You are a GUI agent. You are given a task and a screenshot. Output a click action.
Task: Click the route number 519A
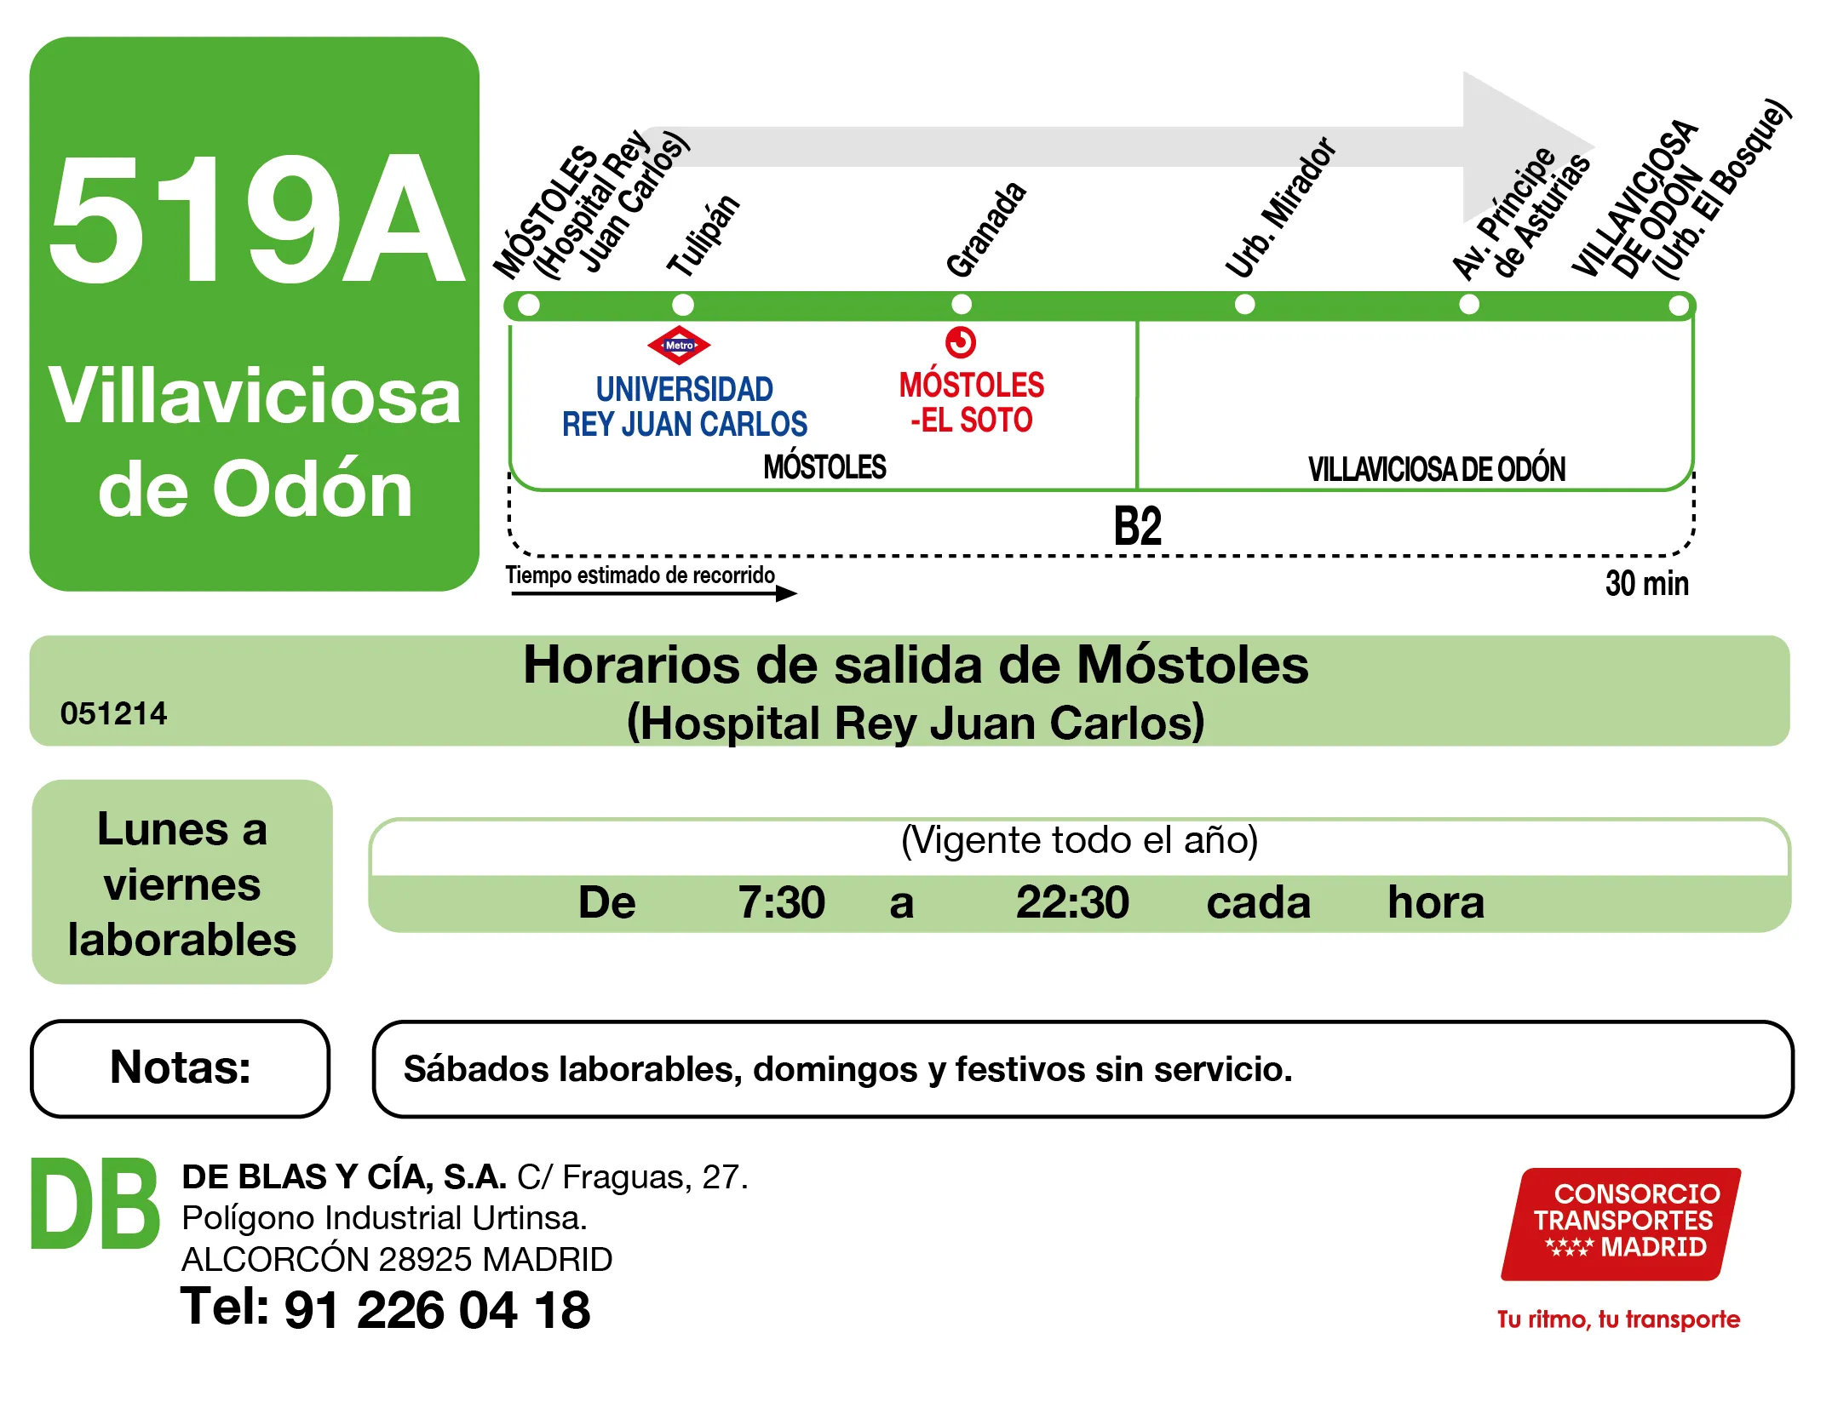(256, 220)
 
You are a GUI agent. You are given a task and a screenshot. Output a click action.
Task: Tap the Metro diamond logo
(679, 345)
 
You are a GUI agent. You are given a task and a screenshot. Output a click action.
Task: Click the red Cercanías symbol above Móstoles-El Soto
(960, 342)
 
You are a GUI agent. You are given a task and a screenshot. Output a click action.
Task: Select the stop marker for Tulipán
(682, 305)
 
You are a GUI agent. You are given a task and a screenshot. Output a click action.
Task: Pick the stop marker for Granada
(961, 304)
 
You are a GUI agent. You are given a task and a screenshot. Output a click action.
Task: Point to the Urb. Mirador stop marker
(1244, 304)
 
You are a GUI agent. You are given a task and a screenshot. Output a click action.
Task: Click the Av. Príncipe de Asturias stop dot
(1468, 304)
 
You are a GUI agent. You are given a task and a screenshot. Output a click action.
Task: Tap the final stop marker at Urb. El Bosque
(1678, 306)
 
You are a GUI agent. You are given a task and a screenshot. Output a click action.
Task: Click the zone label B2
(1137, 526)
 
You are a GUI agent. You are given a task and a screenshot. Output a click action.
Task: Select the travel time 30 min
(1646, 584)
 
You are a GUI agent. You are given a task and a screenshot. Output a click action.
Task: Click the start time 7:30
(781, 902)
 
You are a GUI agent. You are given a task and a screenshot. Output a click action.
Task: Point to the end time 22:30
(1071, 902)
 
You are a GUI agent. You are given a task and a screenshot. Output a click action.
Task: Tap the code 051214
(113, 713)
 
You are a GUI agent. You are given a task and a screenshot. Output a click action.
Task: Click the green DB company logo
(95, 1204)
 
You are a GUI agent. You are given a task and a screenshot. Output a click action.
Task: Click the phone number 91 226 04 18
(437, 1309)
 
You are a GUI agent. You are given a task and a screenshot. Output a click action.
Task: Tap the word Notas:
(181, 1067)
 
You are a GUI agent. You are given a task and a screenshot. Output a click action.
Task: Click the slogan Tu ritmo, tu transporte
(1618, 1319)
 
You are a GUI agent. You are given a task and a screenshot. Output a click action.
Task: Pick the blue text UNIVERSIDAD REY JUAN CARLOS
(684, 407)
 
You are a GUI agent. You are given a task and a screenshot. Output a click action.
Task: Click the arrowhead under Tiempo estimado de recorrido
(787, 593)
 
